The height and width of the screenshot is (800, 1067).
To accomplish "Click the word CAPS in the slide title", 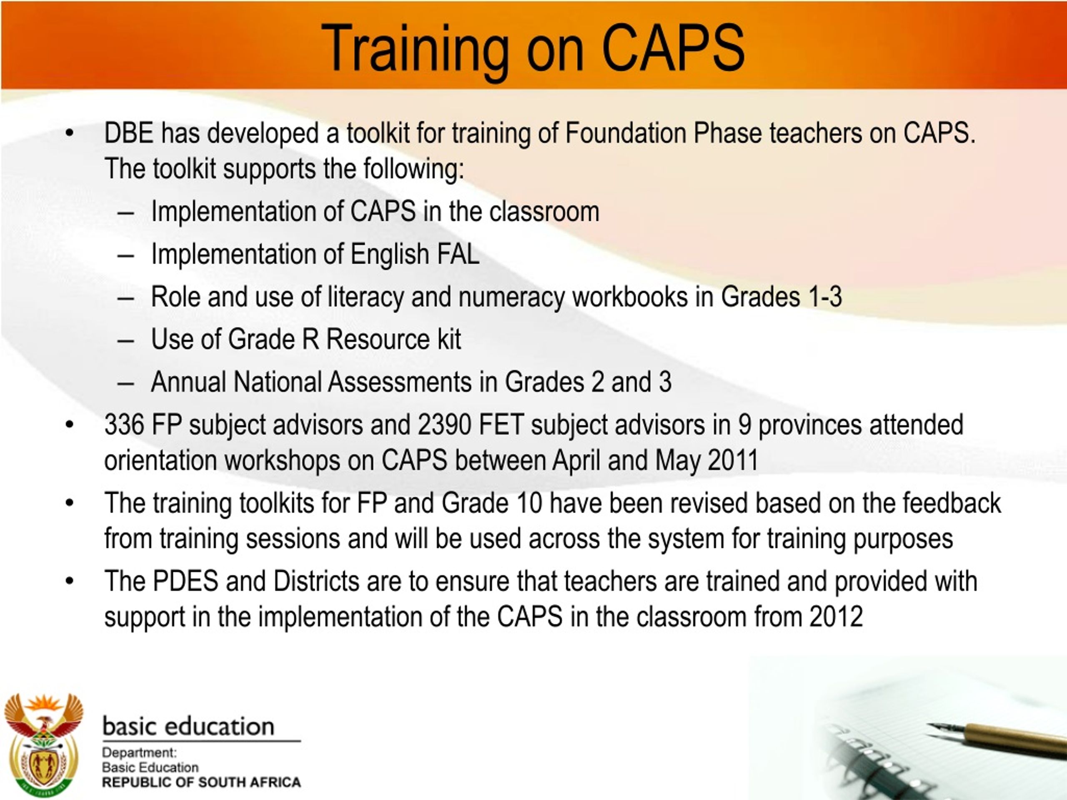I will tap(672, 48).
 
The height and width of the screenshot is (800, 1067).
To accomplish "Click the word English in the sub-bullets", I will tap(389, 255).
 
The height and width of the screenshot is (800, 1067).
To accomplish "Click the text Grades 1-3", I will tap(781, 297).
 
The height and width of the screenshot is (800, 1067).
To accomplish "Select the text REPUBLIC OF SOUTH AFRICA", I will tap(201, 782).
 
